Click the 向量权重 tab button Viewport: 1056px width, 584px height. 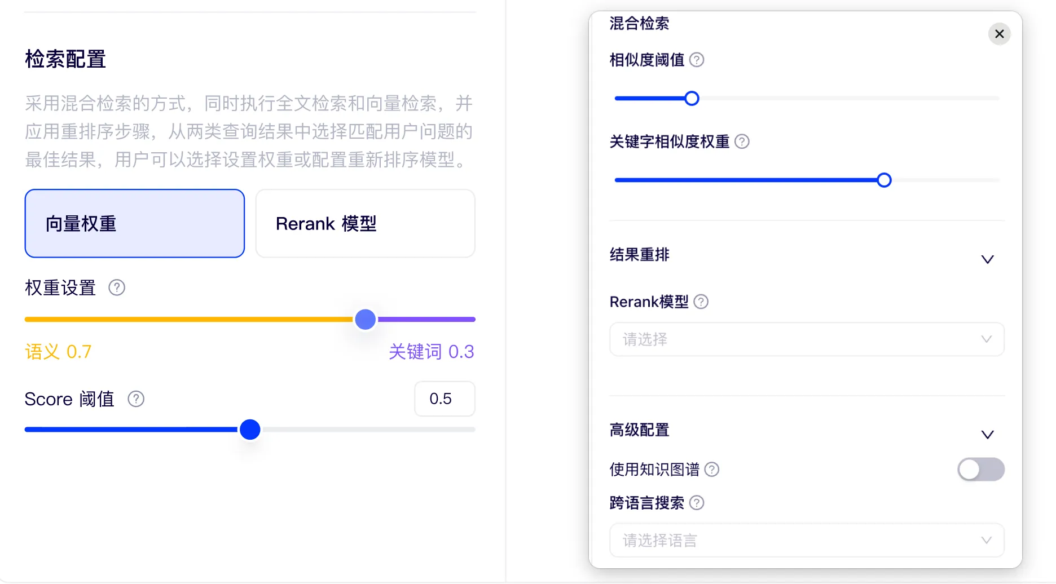[134, 223]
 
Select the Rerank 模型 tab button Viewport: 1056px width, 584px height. [365, 223]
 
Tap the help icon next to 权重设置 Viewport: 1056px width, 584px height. [117, 287]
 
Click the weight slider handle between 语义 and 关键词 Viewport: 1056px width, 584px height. [366, 319]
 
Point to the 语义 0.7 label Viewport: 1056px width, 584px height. [58, 352]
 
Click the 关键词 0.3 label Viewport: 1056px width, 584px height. [432, 352]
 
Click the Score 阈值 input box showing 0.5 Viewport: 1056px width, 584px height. [444, 399]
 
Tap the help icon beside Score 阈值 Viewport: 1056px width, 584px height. [136, 399]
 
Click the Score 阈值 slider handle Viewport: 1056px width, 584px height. [250, 430]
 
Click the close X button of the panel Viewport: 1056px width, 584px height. [999, 34]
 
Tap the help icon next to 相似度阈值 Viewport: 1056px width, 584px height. [697, 60]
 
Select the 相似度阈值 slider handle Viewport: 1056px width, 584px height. [692, 99]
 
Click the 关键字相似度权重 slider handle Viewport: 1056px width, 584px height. [884, 180]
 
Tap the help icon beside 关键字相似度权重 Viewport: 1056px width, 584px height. [742, 141]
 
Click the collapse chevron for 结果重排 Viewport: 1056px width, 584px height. [987, 259]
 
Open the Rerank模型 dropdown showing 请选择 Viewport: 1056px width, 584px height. [807, 339]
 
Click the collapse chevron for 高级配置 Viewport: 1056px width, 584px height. [987, 435]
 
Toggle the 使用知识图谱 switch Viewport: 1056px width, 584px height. [980, 470]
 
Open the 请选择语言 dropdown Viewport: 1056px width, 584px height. [807, 541]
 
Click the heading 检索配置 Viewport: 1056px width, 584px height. [65, 59]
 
